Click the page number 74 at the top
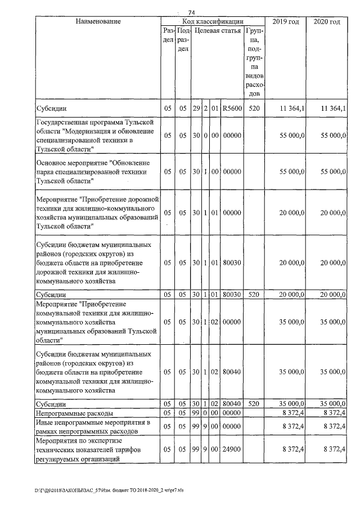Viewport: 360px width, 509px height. pos(191,12)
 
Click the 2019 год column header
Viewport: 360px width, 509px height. pos(285,21)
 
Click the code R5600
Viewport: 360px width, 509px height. pos(232,107)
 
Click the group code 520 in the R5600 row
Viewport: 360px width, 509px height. pos(254,107)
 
